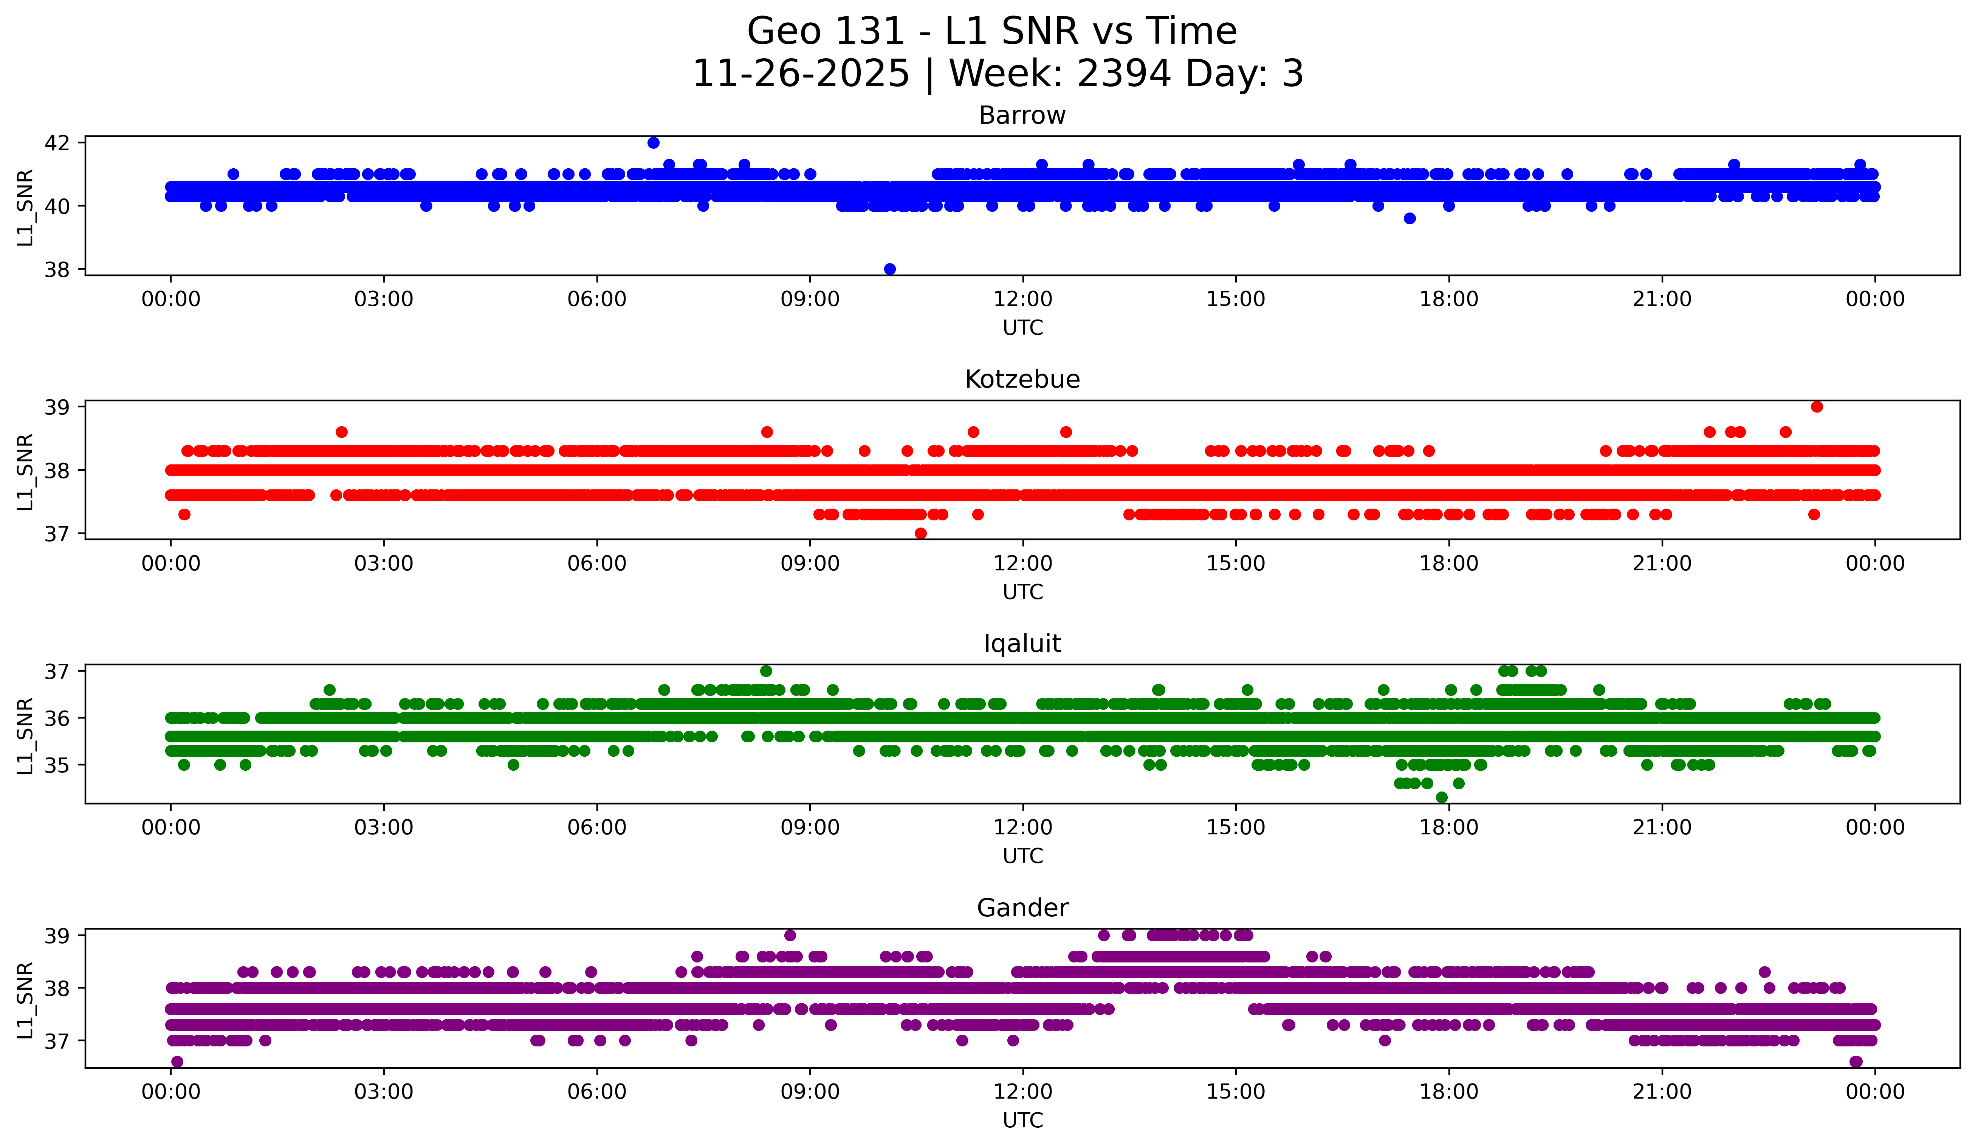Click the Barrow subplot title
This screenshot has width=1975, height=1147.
click(1022, 115)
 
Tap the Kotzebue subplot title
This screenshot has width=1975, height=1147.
click(1022, 379)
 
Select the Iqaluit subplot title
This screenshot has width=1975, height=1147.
click(1022, 644)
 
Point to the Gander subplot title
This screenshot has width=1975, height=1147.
click(1022, 908)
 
